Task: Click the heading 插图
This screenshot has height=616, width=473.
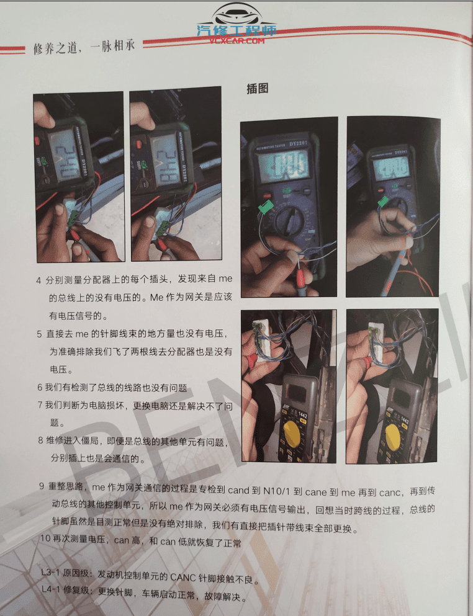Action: click(x=258, y=89)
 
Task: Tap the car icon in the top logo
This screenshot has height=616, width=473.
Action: click(x=235, y=16)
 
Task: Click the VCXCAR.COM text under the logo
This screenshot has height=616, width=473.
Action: click(x=236, y=41)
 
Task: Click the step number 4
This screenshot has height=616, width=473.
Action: click(x=39, y=280)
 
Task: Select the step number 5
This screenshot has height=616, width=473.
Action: click(x=39, y=334)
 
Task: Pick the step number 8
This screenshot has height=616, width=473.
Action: click(x=40, y=442)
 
